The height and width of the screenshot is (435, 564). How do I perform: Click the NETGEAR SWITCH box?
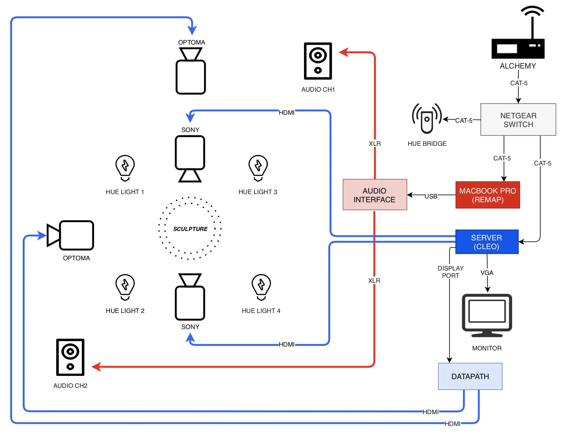click(x=518, y=119)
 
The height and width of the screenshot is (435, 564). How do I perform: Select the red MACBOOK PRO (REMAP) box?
click(x=487, y=195)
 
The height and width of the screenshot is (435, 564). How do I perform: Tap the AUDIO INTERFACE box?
click(x=375, y=195)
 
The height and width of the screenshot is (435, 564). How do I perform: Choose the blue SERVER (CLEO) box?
click(x=487, y=242)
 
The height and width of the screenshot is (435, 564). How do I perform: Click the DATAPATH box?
click(x=470, y=376)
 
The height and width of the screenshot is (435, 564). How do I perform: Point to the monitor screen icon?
click(x=487, y=315)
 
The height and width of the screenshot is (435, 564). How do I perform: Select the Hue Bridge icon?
click(x=427, y=119)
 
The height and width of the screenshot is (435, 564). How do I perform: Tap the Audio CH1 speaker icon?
click(x=318, y=61)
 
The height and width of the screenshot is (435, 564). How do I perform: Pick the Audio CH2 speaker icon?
click(x=70, y=357)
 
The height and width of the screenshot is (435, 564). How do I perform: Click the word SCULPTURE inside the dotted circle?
click(x=190, y=229)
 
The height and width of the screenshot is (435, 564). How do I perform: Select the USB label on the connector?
click(x=431, y=196)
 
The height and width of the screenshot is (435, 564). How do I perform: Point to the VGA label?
click(x=487, y=273)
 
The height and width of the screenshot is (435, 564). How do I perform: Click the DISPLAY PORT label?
click(x=451, y=272)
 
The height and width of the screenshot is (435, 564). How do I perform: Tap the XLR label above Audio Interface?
click(x=375, y=143)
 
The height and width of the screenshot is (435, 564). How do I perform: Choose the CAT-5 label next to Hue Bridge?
click(x=464, y=120)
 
